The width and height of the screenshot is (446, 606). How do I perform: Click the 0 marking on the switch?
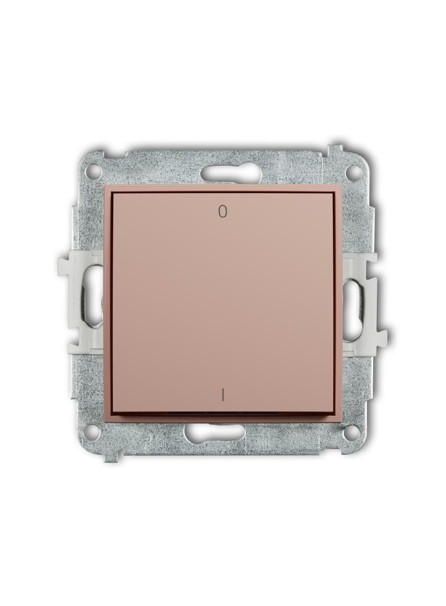pyautogui.click(x=222, y=211)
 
